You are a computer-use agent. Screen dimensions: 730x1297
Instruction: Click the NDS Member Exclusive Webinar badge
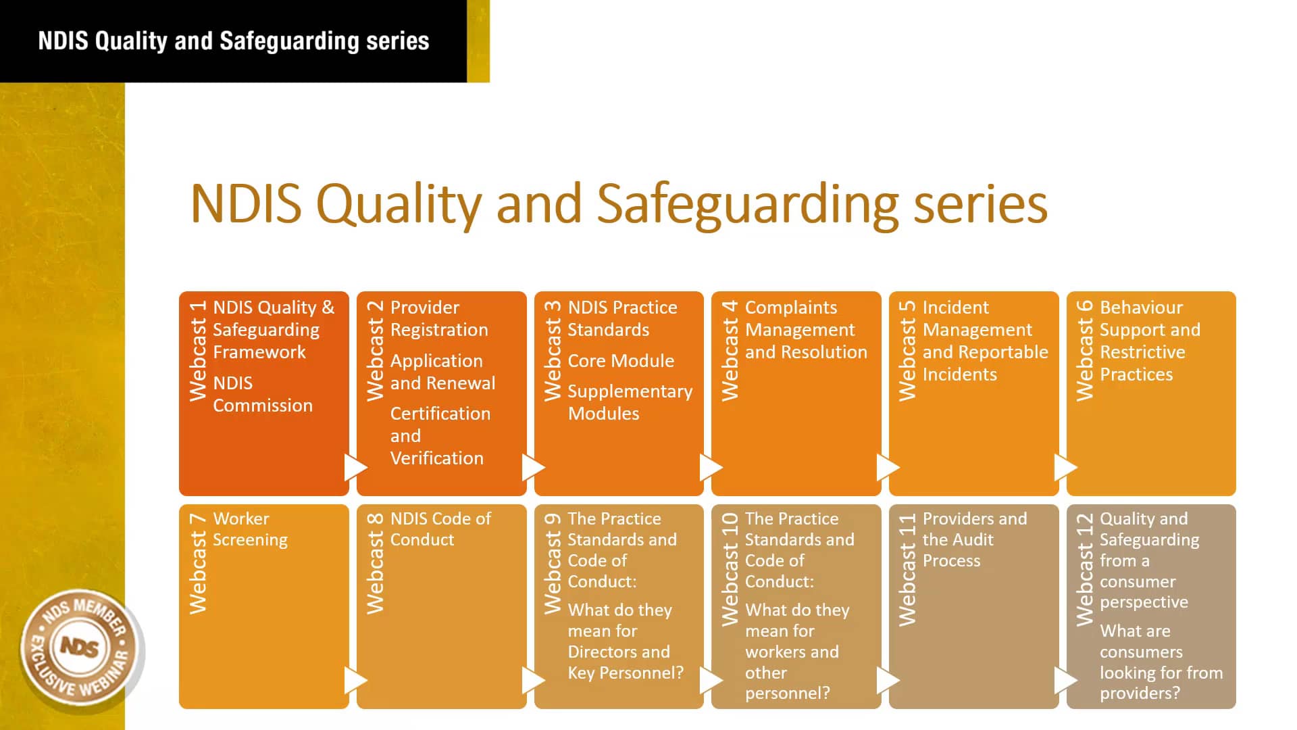[81, 648]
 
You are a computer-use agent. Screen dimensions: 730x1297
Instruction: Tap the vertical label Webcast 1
[197, 351]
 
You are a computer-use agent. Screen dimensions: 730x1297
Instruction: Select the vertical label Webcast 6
[1084, 351]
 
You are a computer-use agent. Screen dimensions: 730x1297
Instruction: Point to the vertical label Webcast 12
[1084, 569]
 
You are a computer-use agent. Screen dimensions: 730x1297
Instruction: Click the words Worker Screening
[250, 529]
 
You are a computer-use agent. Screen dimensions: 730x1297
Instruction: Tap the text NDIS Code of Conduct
[440, 529]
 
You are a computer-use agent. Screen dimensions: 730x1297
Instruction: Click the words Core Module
[620, 361]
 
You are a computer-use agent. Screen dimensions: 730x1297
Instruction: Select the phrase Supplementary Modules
[629, 402]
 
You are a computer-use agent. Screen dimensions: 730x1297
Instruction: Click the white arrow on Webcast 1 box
[355, 467]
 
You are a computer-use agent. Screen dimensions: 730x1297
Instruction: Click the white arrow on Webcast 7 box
[355, 680]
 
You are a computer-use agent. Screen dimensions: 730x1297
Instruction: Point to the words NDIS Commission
[262, 394]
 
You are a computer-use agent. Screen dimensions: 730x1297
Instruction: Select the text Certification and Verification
[439, 436]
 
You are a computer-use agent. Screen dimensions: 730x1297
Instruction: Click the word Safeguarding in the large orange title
[748, 204]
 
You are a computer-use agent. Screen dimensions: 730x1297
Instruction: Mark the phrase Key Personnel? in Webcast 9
[625, 673]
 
